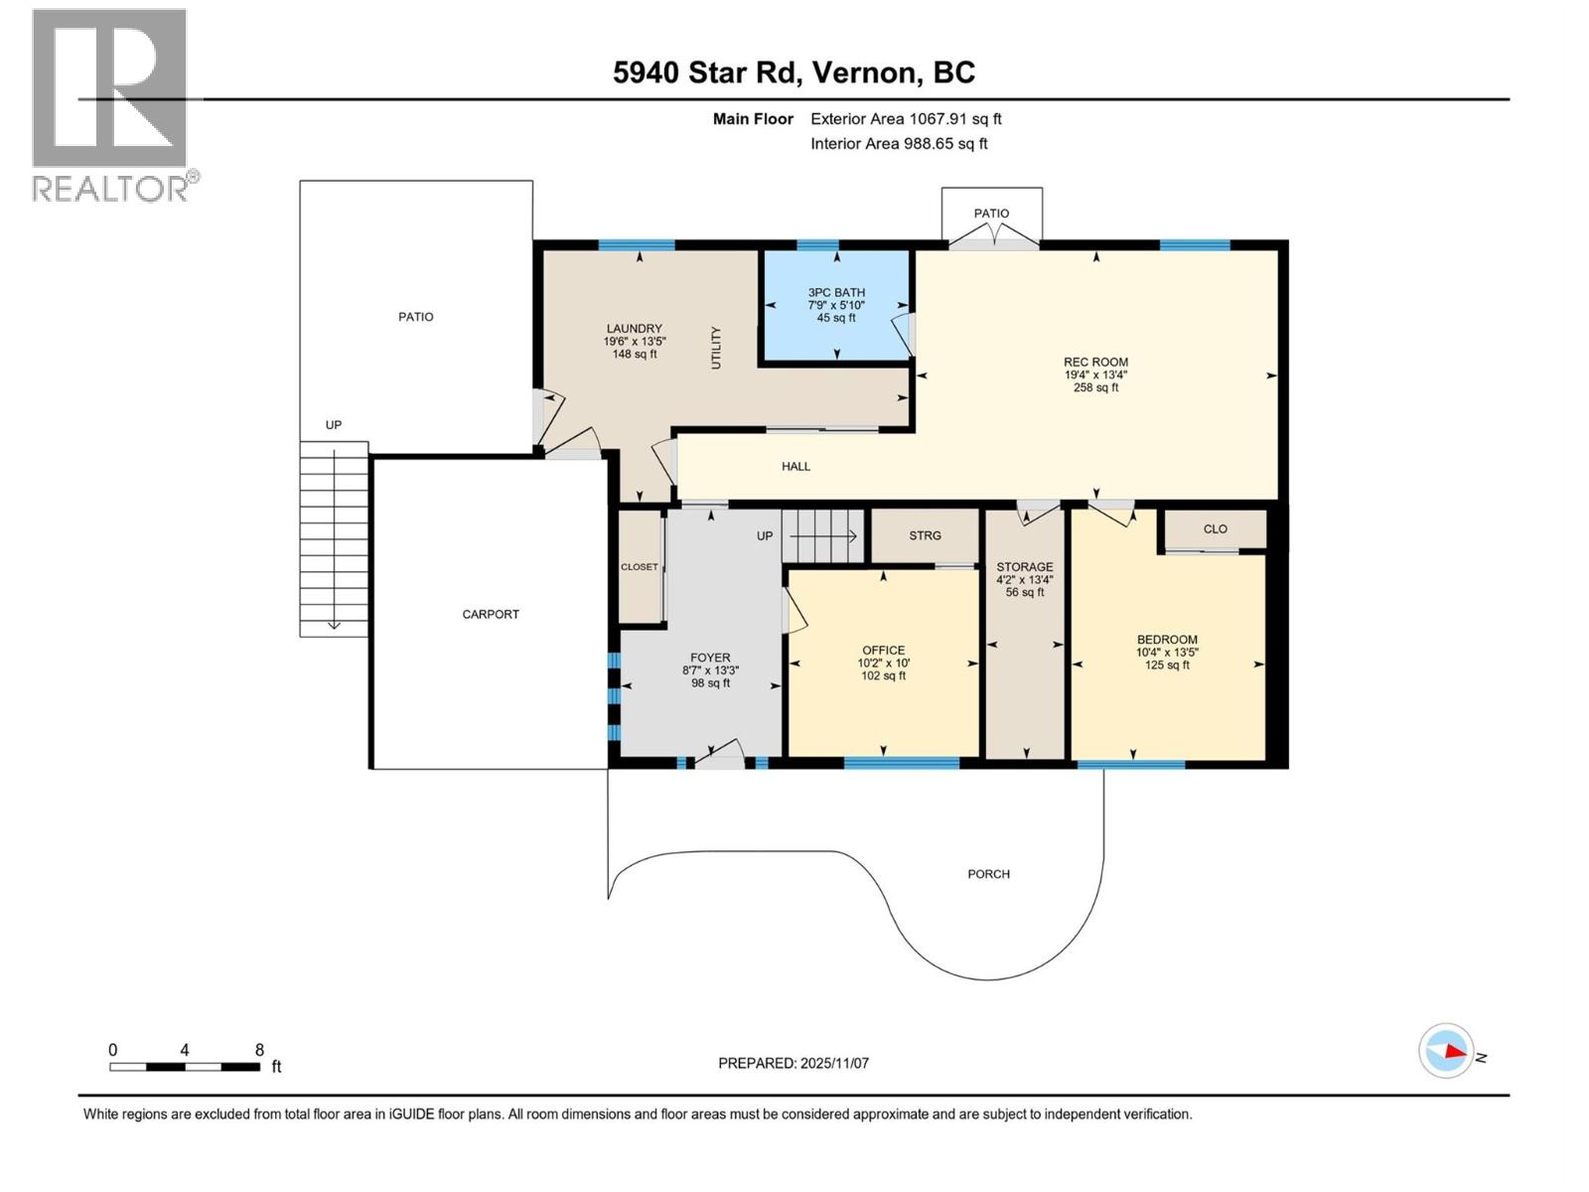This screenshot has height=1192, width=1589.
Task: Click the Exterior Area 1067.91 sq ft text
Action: click(905, 119)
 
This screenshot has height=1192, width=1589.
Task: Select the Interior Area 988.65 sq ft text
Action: click(898, 144)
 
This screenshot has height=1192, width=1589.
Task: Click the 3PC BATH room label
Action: click(835, 293)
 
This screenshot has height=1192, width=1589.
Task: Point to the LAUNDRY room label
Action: click(634, 329)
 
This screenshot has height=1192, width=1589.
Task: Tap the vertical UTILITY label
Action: click(716, 348)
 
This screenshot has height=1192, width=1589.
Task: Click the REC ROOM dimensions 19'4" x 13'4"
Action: click(1095, 375)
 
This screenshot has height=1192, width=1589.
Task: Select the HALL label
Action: click(795, 466)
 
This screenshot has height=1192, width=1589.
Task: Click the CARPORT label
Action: click(491, 615)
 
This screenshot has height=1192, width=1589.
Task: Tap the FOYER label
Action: click(710, 658)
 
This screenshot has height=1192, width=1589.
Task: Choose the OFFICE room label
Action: click(883, 651)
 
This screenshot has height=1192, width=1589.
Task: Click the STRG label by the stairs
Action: click(925, 535)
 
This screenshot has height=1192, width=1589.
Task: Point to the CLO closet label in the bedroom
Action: click(1215, 529)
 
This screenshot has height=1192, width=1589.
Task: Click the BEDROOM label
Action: click(1166, 640)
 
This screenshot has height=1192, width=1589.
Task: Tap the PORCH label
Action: click(988, 874)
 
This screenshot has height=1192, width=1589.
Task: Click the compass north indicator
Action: click(1446, 1051)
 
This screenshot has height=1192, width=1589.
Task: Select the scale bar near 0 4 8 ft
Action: click(185, 1067)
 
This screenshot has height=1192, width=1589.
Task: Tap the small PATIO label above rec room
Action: click(991, 214)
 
